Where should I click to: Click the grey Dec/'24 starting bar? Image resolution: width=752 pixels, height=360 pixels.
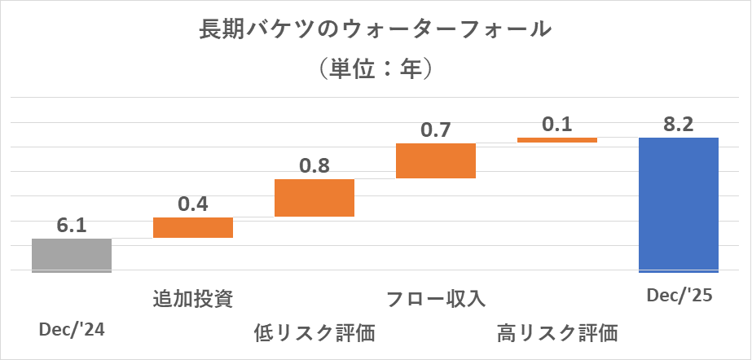(72, 255)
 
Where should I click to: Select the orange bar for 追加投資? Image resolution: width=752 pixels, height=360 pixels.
(193, 227)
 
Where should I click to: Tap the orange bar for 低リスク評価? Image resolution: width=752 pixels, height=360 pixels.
(314, 197)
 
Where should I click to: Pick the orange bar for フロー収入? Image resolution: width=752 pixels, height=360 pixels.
(435, 160)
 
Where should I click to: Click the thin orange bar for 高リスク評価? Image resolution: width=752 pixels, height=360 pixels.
(557, 140)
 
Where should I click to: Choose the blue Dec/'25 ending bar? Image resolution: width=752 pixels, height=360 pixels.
(679, 204)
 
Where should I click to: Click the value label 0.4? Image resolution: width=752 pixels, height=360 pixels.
(193, 204)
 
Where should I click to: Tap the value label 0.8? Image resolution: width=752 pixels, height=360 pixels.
(314, 165)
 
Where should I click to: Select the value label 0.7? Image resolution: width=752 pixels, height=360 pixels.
(435, 130)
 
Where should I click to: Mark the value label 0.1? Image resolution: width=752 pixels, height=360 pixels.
(557, 125)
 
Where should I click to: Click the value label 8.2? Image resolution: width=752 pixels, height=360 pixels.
(679, 124)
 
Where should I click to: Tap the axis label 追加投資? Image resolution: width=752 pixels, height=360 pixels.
(193, 299)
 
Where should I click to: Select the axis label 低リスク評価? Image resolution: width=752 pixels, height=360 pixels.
(314, 332)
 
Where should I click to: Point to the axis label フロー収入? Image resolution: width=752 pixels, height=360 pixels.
(436, 299)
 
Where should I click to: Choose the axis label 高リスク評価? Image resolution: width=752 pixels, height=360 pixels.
(557, 332)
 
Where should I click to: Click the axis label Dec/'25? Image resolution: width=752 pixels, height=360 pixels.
(679, 296)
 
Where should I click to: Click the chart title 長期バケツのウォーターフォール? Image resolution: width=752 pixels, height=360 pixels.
(376, 30)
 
